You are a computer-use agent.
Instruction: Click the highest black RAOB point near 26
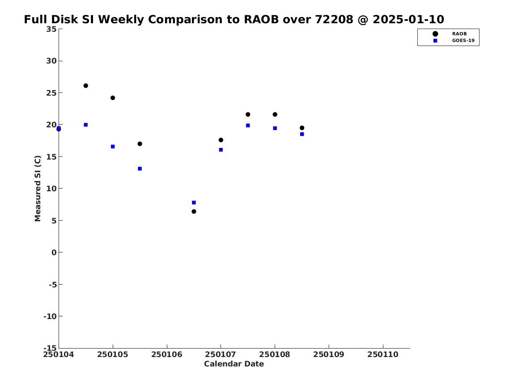[85, 86]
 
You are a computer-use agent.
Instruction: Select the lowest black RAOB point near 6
[194, 211]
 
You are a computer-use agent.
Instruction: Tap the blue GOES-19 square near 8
[194, 202]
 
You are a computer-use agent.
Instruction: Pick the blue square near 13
[140, 168]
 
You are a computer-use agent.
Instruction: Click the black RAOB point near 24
[113, 98]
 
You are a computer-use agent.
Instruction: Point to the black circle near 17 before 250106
[140, 143]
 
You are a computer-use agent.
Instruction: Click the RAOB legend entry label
[459, 34]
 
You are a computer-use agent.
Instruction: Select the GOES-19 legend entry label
[463, 41]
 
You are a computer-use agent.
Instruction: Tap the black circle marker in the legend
[435, 34]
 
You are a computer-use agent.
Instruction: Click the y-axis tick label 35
[51, 29]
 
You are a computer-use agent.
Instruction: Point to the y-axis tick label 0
[54, 252]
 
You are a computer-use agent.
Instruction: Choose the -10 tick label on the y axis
[50, 316]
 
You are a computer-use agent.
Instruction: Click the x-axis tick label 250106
[167, 354]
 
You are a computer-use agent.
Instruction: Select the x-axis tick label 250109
[329, 354]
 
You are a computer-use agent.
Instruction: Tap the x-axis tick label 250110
[383, 354]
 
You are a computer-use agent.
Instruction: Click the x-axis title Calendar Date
[234, 364]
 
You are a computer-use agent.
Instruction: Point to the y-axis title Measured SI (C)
[38, 189]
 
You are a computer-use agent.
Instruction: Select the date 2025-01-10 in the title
[408, 19]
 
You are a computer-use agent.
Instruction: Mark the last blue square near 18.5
[302, 134]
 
